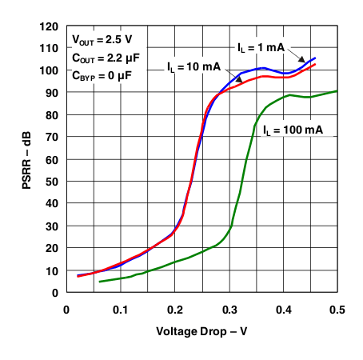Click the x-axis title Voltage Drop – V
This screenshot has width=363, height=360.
coord(201,330)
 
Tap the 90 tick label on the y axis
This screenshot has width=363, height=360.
coord(50,93)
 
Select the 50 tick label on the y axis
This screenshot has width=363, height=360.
coord(50,182)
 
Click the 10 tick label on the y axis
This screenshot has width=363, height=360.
coord(50,270)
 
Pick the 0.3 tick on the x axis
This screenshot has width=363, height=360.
coord(229,309)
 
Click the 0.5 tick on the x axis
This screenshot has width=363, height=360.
coord(337,309)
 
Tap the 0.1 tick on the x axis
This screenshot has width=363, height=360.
coord(121,309)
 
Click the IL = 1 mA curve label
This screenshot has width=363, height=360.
coord(261,47)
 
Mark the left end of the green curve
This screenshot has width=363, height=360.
coord(99,282)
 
